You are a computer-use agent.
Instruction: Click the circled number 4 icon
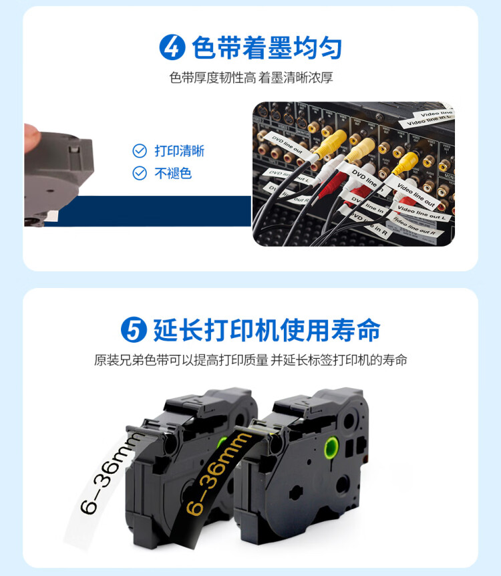click(x=173, y=47)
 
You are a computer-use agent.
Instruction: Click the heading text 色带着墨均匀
click(x=267, y=47)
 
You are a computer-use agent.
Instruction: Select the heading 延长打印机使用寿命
click(x=267, y=330)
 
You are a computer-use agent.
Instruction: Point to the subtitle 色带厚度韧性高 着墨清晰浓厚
click(x=251, y=78)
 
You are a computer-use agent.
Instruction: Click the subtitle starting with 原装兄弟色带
click(x=251, y=360)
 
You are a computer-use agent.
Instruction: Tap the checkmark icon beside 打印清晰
click(x=140, y=150)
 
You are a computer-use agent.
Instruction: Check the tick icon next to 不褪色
click(x=140, y=173)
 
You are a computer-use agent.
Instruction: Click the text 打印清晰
click(x=179, y=150)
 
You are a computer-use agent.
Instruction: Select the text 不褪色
click(x=173, y=173)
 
